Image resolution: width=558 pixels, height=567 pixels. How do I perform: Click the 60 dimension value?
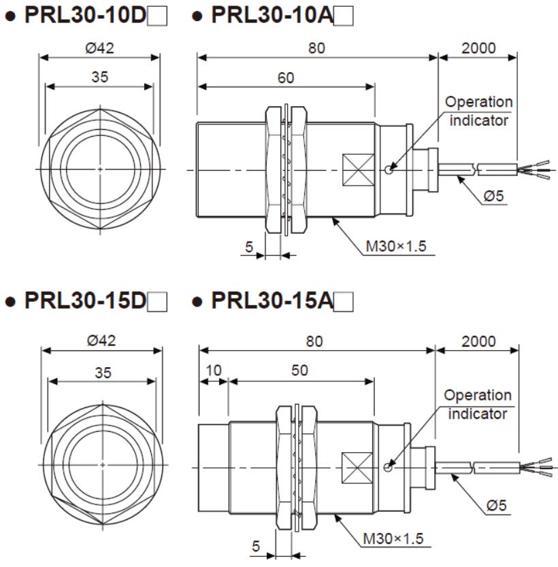coord(286,78)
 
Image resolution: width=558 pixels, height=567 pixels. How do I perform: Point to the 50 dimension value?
coord(299,371)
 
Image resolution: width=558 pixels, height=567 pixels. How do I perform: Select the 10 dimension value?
coord(214,371)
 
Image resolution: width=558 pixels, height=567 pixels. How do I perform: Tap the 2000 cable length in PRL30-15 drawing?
coord(478,341)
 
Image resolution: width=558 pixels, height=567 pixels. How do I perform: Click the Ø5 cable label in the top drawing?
coord(493,197)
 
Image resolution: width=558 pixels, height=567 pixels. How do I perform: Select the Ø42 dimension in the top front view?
coord(99,48)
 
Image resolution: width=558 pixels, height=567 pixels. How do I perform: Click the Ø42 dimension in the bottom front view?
coord(101,341)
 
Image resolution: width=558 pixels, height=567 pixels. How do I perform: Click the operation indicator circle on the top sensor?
coord(387,169)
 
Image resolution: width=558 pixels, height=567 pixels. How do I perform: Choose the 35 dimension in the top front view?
coord(99,78)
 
